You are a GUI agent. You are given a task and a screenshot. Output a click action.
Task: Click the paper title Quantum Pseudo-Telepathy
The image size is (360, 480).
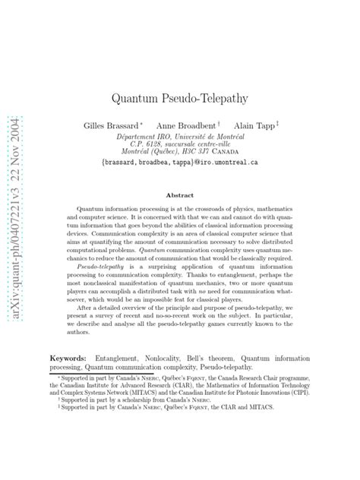coord(180,99)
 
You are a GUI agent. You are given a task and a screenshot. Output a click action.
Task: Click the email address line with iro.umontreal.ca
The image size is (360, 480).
coord(180,161)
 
